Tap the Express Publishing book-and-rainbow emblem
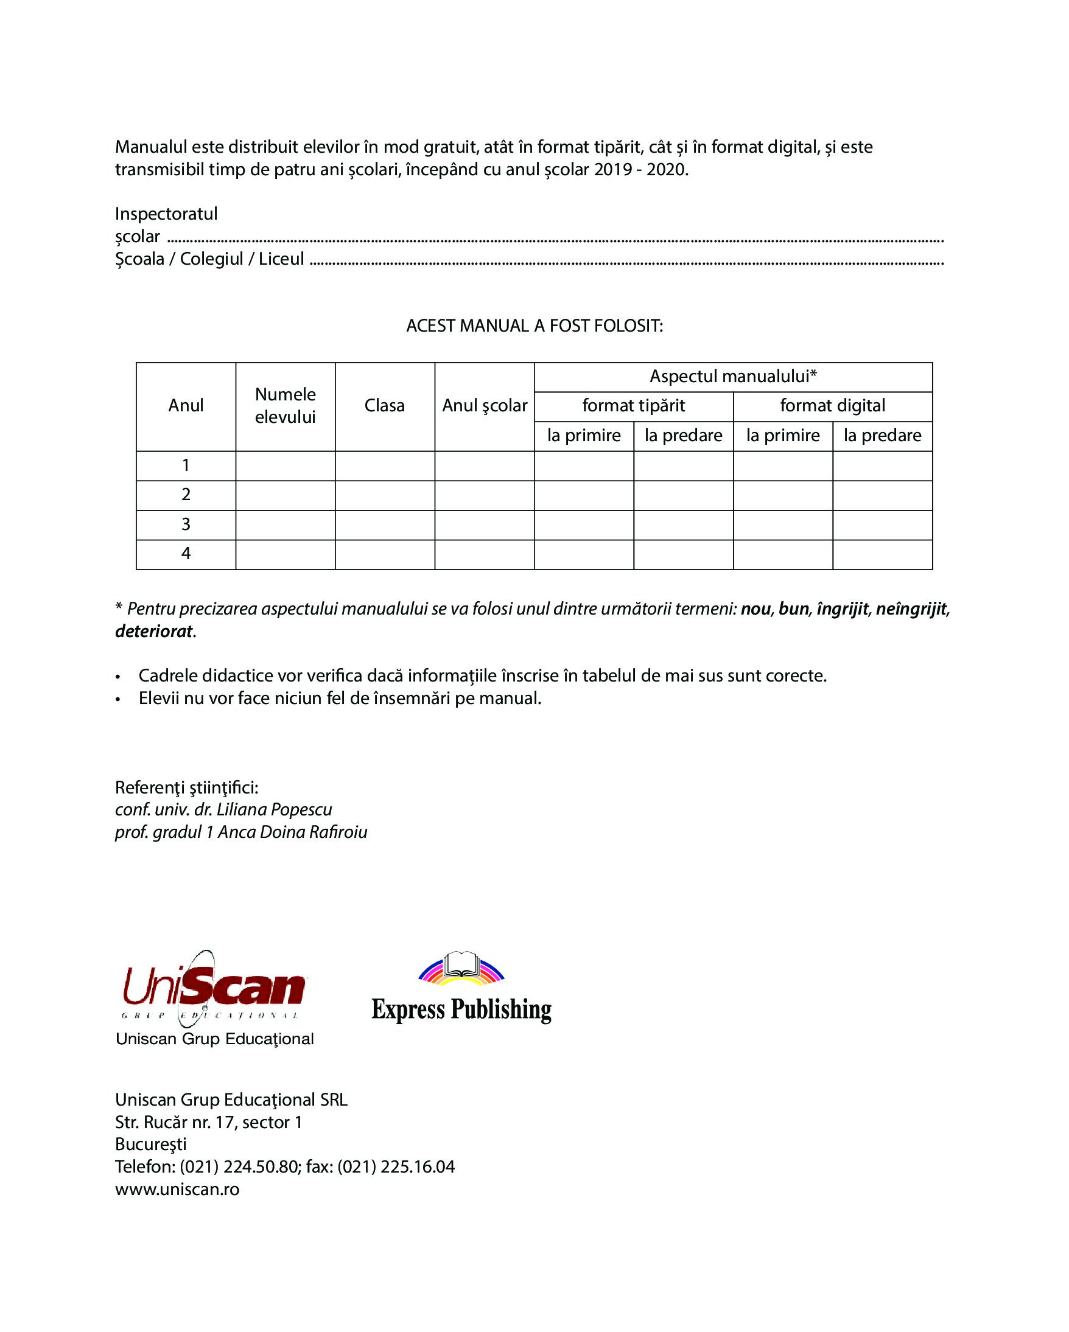461,968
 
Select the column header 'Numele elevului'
285,406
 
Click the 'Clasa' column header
384,406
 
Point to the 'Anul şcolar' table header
485,406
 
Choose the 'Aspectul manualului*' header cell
733,376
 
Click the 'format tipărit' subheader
633,406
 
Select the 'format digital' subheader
832,406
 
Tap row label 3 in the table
186,525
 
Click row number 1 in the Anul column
186,466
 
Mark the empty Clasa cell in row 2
384,495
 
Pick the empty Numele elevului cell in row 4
285,554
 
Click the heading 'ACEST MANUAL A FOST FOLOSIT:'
534,326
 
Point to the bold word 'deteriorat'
154,632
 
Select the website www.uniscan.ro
177,1188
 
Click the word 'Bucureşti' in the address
151,1144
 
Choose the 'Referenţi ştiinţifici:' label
187,787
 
